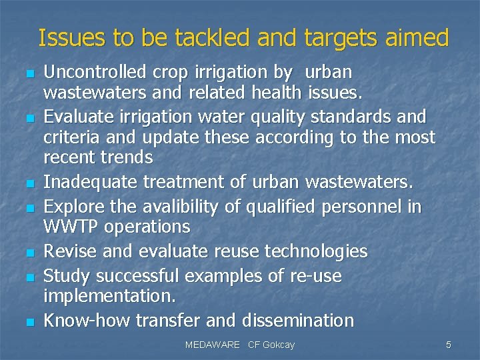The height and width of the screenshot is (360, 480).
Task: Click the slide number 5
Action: [x=448, y=345]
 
